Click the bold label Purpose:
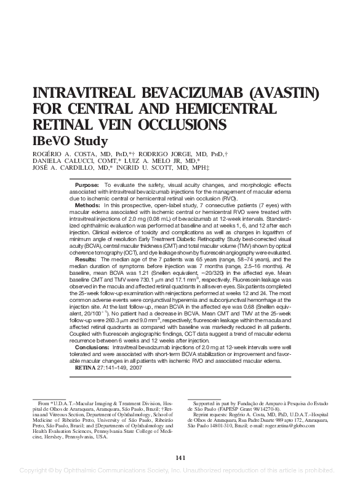click(87, 185)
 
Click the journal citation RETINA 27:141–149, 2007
click(108, 366)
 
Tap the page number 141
click(180, 457)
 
